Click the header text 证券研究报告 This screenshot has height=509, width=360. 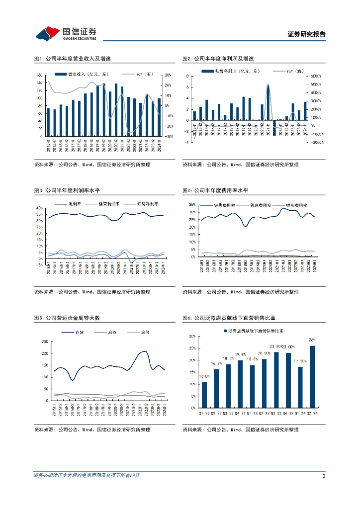tap(307, 34)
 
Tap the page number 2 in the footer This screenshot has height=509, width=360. tap(324, 476)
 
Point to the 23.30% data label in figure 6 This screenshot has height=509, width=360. tap(275, 346)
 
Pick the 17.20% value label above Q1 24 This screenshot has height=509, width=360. tap(300, 361)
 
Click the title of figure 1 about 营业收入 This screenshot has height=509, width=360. tap(72, 59)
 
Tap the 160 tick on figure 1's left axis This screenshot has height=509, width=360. tap(40, 75)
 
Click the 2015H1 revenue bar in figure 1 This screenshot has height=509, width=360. tap(48, 122)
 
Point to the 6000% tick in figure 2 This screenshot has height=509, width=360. tap(316, 76)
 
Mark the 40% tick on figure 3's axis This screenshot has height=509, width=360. tap(40, 207)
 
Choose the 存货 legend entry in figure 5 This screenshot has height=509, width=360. tap(74, 332)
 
